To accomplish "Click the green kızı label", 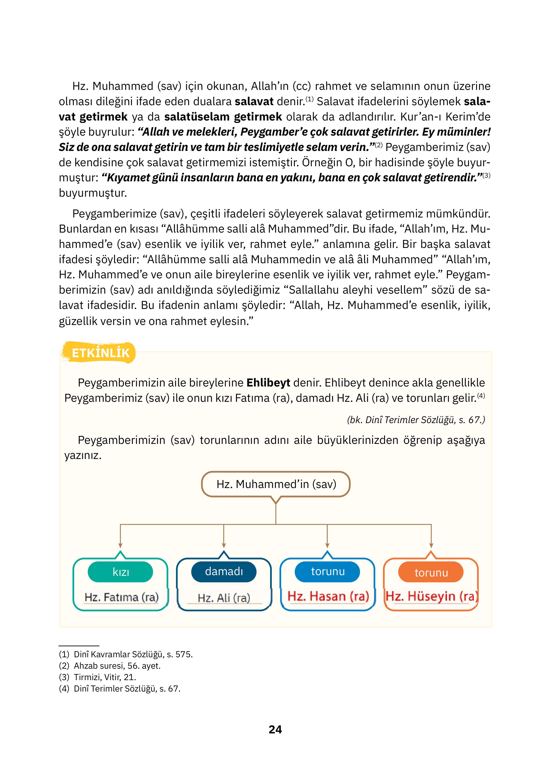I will click(x=120, y=572).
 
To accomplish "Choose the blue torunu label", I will click(x=327, y=571).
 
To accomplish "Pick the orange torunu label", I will click(x=431, y=572).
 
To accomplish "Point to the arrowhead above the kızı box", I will click(x=120, y=546).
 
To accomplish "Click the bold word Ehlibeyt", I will click(x=268, y=383).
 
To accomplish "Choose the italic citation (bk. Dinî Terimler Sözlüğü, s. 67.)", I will click(x=416, y=420).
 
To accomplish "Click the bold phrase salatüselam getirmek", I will click(x=223, y=117).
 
